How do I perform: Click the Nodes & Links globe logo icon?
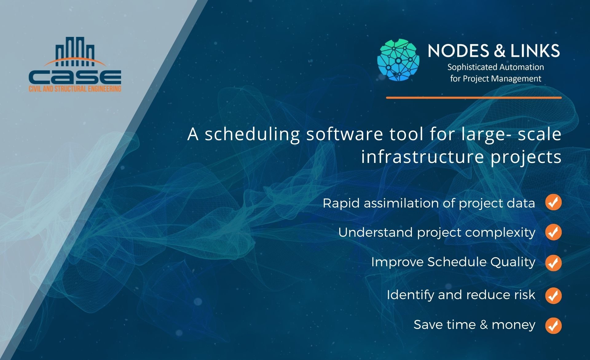click(398, 60)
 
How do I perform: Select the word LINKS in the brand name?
click(535, 51)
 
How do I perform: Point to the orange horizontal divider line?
click(474, 98)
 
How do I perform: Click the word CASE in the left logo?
click(75, 77)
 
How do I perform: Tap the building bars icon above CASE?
click(75, 52)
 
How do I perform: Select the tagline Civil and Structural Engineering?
click(75, 89)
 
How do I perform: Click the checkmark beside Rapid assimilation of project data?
click(553, 203)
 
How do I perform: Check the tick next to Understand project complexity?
click(553, 232)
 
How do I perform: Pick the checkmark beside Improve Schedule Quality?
click(553, 263)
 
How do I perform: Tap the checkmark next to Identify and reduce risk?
click(553, 295)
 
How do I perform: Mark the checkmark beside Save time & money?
click(553, 326)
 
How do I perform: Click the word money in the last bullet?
click(513, 325)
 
